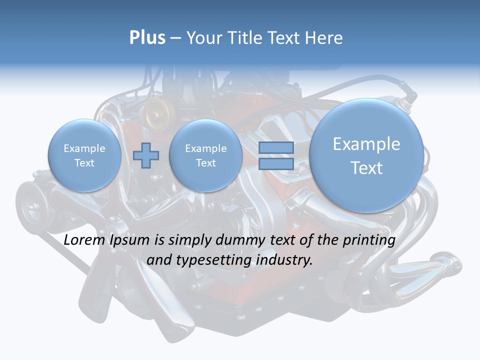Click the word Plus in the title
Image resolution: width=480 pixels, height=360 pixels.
pos(147,38)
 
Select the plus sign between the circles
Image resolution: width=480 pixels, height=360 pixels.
pos(146,155)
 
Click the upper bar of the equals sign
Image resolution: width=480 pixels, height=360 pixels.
pos(276,147)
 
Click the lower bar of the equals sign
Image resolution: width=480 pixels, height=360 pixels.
pos(276,164)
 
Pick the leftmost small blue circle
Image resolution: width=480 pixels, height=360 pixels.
pos(84,155)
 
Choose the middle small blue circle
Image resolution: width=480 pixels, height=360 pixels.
pos(206,155)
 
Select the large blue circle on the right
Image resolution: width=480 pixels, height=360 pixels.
pos(366,155)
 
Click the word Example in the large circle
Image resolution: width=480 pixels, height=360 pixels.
pos(366,144)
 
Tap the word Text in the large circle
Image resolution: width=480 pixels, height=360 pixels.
pos(366,168)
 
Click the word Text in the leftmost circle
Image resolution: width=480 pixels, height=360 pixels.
pos(84,163)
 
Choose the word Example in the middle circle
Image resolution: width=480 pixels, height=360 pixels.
pos(206,148)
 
